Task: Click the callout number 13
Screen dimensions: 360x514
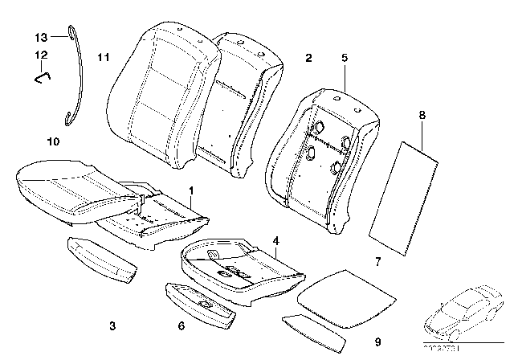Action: pos(41,37)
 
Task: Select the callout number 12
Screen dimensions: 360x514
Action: pos(41,55)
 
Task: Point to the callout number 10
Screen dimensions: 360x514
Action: pos(53,141)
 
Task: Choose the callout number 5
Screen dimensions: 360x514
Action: pos(344,57)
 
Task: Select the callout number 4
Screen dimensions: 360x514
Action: pos(275,239)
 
